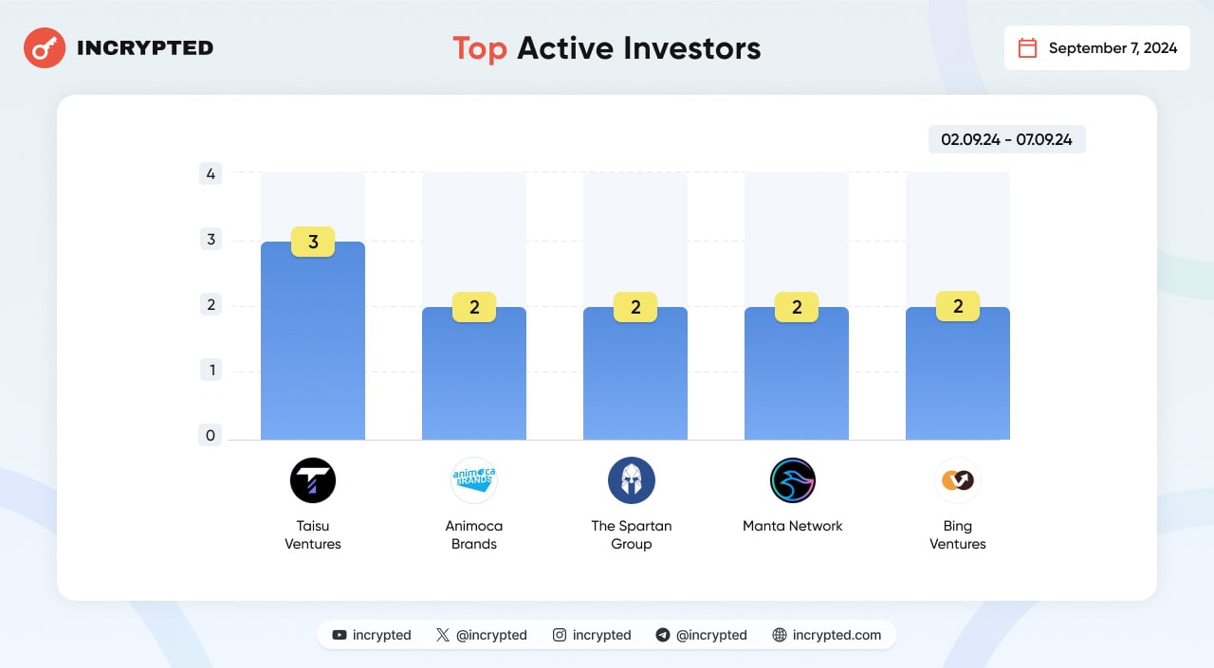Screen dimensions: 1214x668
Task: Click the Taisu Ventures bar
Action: tap(313, 340)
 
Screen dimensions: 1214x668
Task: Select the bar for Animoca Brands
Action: tap(473, 373)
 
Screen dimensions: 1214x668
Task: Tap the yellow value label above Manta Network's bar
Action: tap(796, 307)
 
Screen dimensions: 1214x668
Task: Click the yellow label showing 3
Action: tap(313, 242)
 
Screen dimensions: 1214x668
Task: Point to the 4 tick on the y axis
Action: tap(211, 173)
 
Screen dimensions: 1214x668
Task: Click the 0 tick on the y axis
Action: tap(211, 435)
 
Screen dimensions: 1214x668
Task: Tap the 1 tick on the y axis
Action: tap(211, 370)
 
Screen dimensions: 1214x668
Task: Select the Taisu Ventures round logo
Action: tap(313, 480)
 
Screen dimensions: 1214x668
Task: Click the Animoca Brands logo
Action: tap(473, 480)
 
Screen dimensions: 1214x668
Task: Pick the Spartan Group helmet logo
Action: tap(632, 480)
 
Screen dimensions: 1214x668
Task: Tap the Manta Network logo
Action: tap(792, 480)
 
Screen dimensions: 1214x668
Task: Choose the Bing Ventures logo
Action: tap(958, 480)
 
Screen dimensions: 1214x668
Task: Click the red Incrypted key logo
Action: tap(45, 47)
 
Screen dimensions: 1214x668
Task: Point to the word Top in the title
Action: tap(480, 48)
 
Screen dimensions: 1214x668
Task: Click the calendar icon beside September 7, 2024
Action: tap(1027, 47)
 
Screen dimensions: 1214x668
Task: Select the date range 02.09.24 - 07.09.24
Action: tap(1006, 139)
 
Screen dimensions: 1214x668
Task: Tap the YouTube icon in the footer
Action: tap(340, 635)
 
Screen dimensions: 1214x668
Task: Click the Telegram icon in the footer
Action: tap(662, 635)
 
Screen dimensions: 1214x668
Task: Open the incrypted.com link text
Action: tap(837, 635)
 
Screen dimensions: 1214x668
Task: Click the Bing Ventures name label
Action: tap(958, 534)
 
